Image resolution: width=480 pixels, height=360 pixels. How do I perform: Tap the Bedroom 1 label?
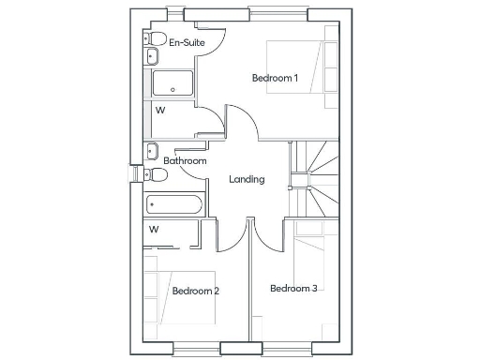pyautogui.click(x=275, y=78)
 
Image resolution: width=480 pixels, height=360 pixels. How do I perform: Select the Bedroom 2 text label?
pyautogui.click(x=196, y=291)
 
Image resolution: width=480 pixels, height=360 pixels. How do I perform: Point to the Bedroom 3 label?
pyautogui.click(x=293, y=288)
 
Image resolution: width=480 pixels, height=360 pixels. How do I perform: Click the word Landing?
pyautogui.click(x=247, y=179)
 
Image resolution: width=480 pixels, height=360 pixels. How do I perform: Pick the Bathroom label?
pyautogui.click(x=185, y=161)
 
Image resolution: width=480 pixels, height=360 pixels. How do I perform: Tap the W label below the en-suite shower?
pyautogui.click(x=160, y=110)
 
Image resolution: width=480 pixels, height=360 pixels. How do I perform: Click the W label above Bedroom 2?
pyautogui.click(x=154, y=229)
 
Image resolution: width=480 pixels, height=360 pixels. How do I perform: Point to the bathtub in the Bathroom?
pyautogui.click(x=172, y=204)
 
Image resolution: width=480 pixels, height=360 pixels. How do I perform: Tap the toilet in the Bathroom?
pyautogui.click(x=154, y=174)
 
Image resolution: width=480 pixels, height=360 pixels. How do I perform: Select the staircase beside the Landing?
pyautogui.click(x=315, y=178)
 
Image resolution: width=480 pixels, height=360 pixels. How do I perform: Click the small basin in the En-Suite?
pyautogui.click(x=150, y=57)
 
